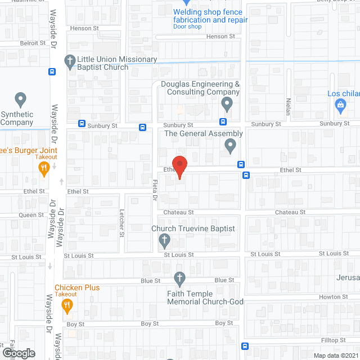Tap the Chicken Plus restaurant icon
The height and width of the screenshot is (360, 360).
click(67, 306)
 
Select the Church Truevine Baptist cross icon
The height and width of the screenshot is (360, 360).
click(164, 241)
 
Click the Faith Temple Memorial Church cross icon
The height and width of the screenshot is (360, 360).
click(179, 277)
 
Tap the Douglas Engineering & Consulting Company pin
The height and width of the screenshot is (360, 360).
click(227, 104)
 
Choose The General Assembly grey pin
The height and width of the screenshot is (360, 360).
click(230, 146)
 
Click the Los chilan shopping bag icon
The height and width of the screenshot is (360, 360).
click(340, 105)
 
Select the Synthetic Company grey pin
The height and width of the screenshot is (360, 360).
click(21, 100)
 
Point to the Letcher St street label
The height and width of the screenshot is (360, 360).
click(121, 223)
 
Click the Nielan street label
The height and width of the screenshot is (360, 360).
click(287, 106)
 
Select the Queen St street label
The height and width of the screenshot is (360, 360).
click(31, 215)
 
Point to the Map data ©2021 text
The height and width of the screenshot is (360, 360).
click(335, 355)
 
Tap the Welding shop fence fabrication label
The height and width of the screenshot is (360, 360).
click(208, 16)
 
